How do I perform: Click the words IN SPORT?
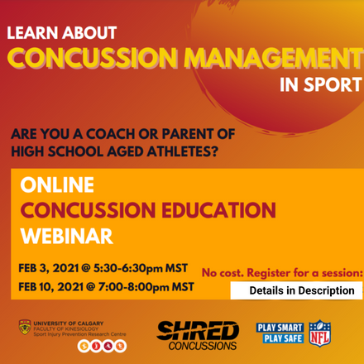320,84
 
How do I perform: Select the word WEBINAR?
66,236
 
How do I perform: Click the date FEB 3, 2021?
55,269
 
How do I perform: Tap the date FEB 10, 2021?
58,287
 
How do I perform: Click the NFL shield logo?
319,332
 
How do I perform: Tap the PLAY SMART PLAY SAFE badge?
280,332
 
